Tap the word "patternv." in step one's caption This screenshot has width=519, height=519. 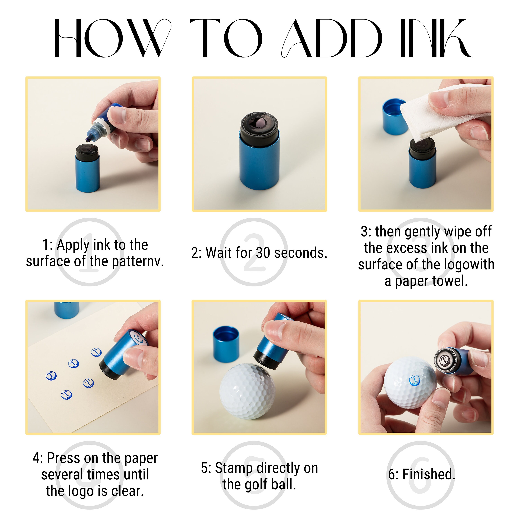pos(138,262)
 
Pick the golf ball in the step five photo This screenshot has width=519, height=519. pos(247,391)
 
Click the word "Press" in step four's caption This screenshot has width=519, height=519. pos(64,458)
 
